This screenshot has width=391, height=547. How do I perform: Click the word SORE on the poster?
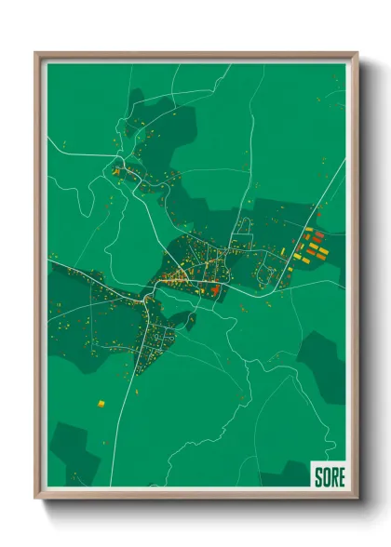tap(329, 476)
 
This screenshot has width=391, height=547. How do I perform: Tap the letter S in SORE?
tap(318, 476)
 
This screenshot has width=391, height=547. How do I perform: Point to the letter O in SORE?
tap(326, 476)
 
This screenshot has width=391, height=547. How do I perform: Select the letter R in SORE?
tap(333, 476)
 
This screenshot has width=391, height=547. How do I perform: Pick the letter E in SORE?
tap(341, 476)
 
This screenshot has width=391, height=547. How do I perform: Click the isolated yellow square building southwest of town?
tap(101, 404)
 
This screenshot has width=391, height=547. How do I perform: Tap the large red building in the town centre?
tap(215, 291)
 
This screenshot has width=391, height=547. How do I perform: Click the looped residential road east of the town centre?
tap(265, 273)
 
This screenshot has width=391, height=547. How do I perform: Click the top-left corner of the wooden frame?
tap(36, 53)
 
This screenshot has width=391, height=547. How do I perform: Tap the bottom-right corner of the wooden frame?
tap(357, 498)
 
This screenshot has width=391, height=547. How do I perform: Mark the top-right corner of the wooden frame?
tap(357, 53)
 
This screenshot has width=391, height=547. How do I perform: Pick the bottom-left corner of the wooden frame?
tap(36, 498)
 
